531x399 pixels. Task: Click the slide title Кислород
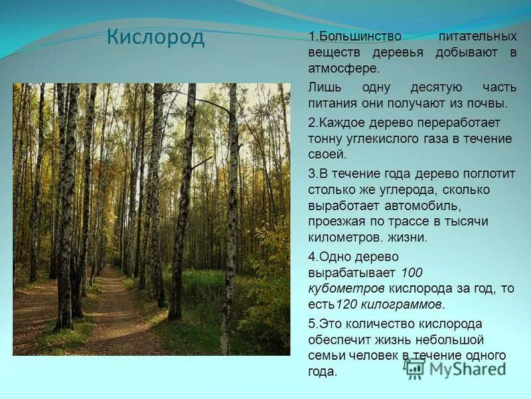[x=155, y=37]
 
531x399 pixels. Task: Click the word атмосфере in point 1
[x=344, y=68]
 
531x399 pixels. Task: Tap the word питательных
[x=477, y=36]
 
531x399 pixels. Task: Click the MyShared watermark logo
[x=457, y=368]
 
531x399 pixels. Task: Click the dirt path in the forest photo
[x=113, y=313]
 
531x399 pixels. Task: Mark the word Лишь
[x=323, y=88]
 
